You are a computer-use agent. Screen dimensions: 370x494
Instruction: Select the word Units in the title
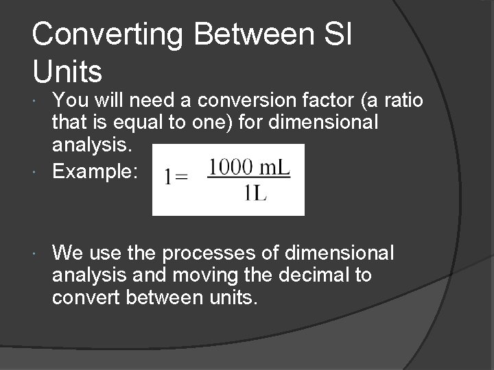click(x=67, y=71)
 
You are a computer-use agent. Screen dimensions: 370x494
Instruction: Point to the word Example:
click(x=95, y=172)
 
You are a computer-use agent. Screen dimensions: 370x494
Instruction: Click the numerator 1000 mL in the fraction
click(x=249, y=167)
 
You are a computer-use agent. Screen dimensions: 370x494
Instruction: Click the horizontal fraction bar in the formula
click(x=249, y=180)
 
